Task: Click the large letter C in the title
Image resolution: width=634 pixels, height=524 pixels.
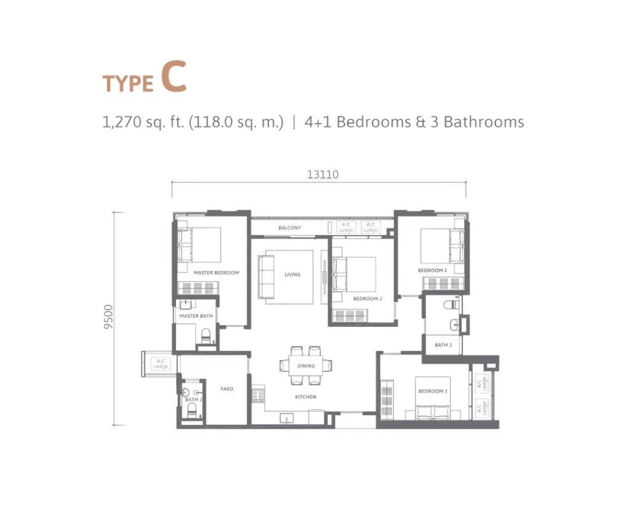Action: (174, 76)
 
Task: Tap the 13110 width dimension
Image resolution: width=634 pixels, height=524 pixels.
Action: (323, 175)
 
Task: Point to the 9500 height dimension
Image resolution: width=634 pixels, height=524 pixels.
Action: (108, 316)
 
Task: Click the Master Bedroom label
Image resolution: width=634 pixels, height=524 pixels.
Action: (216, 273)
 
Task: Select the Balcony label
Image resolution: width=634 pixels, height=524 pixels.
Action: (289, 228)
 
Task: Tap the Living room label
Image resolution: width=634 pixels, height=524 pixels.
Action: (292, 275)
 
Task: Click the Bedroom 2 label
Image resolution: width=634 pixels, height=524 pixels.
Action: (367, 299)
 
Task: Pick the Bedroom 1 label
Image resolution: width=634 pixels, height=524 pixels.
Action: (432, 270)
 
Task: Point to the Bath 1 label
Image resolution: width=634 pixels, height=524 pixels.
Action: (443, 345)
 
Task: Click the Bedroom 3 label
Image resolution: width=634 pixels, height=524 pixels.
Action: (433, 391)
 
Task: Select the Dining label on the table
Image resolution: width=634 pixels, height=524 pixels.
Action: (306, 366)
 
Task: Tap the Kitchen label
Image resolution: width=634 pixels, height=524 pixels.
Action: (306, 397)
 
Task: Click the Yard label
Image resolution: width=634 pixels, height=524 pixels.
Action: (227, 389)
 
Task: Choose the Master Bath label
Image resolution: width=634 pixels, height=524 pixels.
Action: (196, 316)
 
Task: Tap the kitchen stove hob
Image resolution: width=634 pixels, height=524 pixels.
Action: (258, 395)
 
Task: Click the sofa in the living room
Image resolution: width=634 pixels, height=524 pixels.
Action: (266, 277)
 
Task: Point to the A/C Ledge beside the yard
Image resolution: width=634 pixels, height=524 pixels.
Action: (161, 363)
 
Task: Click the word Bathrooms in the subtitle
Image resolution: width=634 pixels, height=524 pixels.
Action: (484, 122)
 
